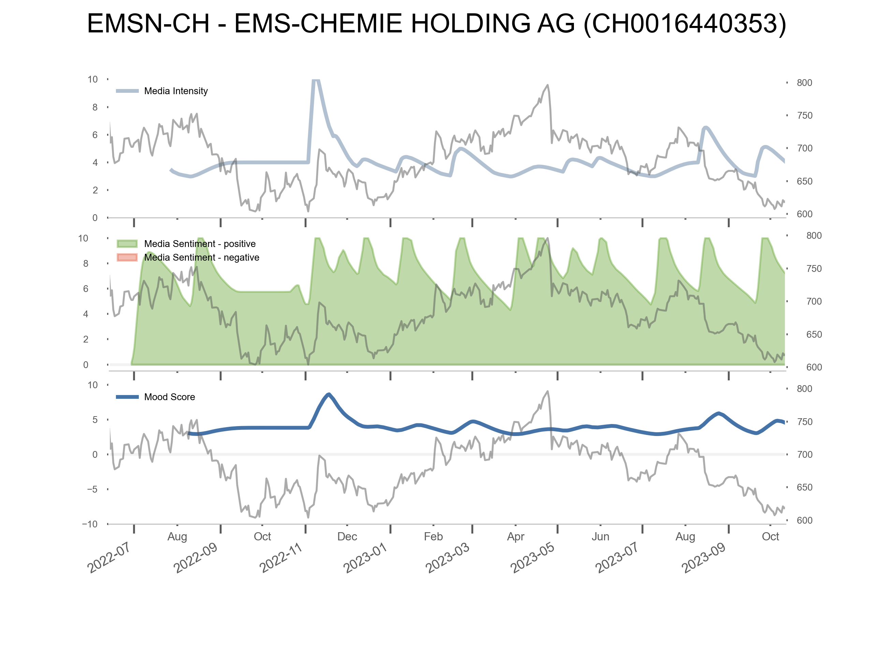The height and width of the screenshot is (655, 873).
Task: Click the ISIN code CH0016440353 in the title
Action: [x=685, y=24]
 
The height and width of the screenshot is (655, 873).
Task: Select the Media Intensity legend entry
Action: [x=176, y=91]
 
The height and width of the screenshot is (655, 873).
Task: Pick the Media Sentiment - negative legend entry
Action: [x=201, y=258]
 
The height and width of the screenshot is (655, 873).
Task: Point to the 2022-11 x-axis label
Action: [x=281, y=557]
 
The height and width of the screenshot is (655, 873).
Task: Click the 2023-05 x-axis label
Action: [x=532, y=557]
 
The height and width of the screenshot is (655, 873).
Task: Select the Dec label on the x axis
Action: [x=347, y=537]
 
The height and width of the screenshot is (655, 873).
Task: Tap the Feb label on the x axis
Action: [x=433, y=537]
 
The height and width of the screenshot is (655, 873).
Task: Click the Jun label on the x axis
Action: [x=600, y=537]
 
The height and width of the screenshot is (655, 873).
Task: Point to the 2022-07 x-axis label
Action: [x=109, y=557]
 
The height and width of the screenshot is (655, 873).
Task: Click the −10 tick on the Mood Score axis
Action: [x=90, y=524]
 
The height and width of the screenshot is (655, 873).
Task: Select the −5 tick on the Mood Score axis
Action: [x=92, y=489]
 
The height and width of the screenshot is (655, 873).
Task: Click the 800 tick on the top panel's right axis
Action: [x=804, y=83]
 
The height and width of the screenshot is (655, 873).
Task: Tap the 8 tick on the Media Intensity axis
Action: [x=95, y=107]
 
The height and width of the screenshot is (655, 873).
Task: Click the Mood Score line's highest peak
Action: [x=329, y=394]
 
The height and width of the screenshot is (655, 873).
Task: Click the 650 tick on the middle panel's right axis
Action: [x=814, y=334]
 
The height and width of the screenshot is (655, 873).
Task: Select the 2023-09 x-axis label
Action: [x=704, y=557]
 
